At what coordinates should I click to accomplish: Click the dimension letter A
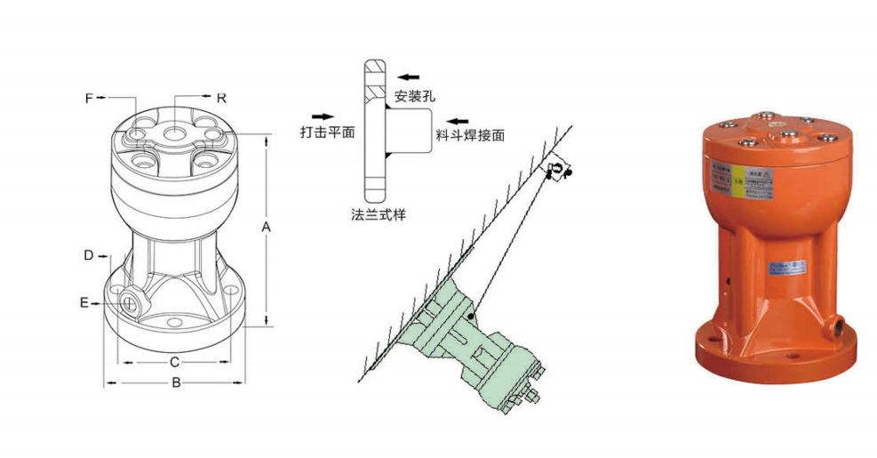pos(265,228)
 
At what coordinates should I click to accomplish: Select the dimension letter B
pos(176,383)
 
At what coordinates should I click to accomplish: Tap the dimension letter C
pos(175,362)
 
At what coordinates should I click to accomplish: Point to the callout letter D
pos(89,255)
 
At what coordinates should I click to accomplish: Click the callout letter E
pos(84,303)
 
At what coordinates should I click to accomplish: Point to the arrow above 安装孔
pos(409,76)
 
